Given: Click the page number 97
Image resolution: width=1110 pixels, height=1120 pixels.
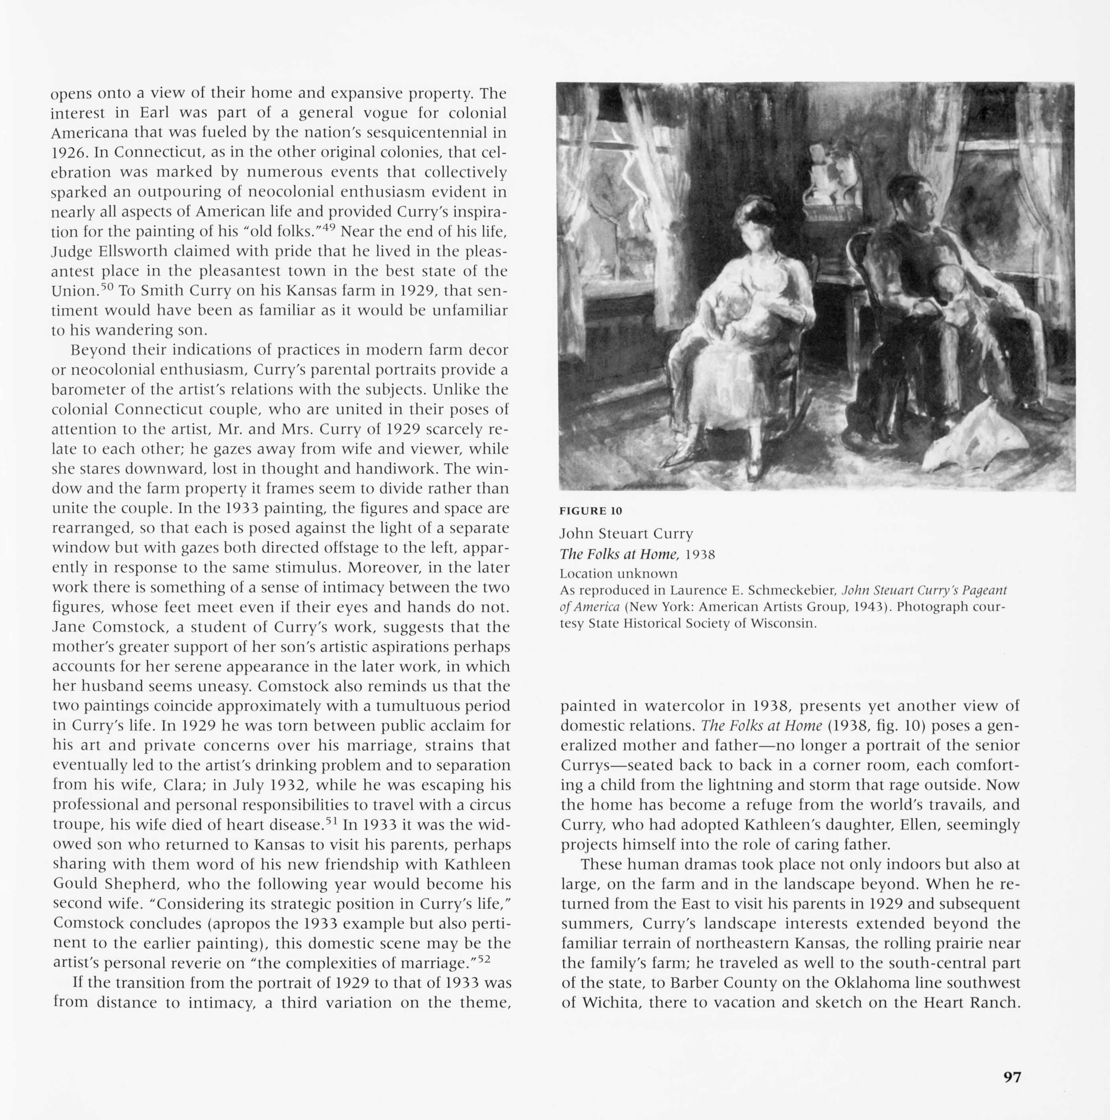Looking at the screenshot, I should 1012,1077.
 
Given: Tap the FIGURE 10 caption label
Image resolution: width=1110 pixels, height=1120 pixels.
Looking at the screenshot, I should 590,511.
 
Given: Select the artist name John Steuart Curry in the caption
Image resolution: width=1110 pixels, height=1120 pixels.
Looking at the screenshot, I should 626,533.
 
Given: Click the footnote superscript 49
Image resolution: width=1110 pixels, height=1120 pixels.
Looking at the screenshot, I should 329,226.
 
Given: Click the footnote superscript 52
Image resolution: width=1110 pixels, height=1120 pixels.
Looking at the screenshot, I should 484,959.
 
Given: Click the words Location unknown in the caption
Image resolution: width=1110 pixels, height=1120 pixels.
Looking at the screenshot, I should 618,573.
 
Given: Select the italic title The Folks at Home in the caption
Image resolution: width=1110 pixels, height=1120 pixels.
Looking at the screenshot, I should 619,554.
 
